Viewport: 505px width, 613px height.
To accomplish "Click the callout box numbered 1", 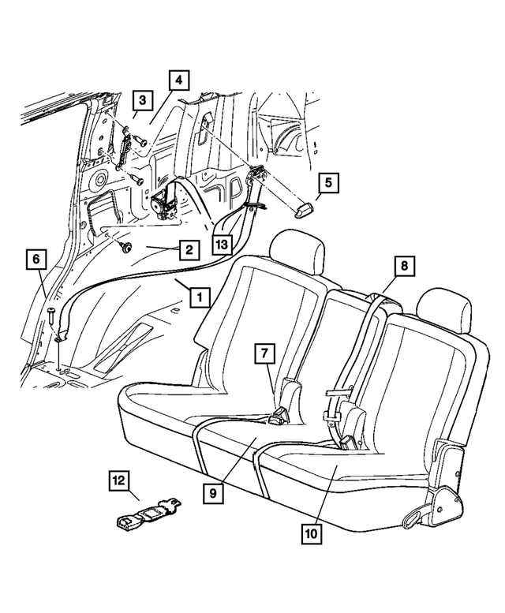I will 200,297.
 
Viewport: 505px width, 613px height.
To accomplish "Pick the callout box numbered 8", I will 402,267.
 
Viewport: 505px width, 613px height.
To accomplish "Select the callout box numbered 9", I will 212,493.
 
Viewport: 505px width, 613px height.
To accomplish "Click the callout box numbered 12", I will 119,480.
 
